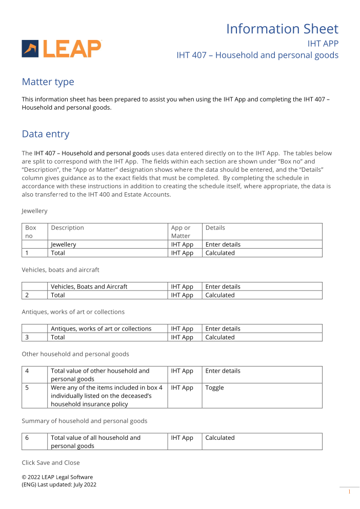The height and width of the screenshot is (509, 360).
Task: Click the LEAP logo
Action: (62, 49)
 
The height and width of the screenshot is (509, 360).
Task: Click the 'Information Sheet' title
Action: (282, 29)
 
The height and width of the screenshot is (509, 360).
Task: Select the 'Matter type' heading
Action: (48, 82)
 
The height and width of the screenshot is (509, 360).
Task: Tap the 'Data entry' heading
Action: (45, 134)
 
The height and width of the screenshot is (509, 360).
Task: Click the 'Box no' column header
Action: (31, 232)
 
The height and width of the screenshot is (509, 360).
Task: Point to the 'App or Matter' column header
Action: (181, 232)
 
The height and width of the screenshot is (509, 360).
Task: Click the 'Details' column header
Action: (215, 228)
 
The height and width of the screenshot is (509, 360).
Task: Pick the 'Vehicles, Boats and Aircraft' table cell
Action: (89, 287)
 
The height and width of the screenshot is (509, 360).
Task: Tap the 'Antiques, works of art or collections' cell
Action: (101, 329)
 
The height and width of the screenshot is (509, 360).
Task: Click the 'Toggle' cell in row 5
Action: (215, 388)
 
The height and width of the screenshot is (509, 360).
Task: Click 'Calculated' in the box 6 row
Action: (220, 438)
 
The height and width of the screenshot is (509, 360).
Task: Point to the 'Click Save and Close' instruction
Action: (51, 462)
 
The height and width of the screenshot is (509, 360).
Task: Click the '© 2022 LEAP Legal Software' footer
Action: (57, 477)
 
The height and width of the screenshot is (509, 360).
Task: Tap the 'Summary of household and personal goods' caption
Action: (84, 421)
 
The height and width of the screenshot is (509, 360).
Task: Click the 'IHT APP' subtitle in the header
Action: (323, 44)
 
